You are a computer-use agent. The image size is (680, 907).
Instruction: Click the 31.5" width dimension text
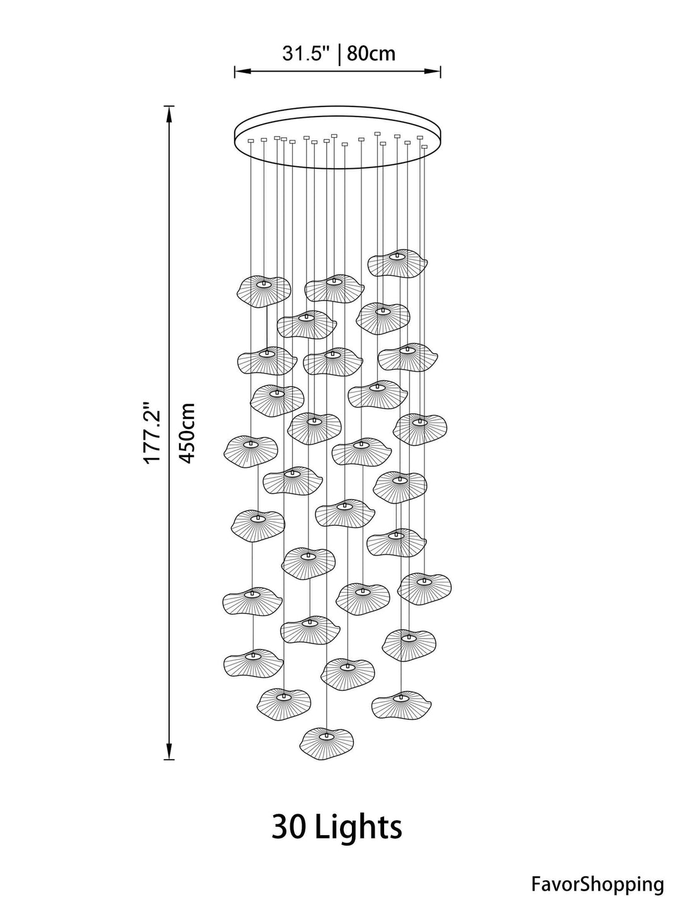pyautogui.click(x=306, y=54)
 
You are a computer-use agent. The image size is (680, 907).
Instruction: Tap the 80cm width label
pyautogui.click(x=371, y=54)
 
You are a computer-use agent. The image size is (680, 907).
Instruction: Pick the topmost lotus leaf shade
pyautogui.click(x=397, y=263)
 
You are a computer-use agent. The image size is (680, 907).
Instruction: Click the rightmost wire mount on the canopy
pyautogui.click(x=424, y=147)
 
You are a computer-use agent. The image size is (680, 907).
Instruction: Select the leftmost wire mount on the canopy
pyautogui.click(x=251, y=141)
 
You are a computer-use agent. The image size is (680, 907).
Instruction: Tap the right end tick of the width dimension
pyautogui.click(x=441, y=71)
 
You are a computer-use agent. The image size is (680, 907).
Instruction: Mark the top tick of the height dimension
pyautogui.click(x=169, y=106)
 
